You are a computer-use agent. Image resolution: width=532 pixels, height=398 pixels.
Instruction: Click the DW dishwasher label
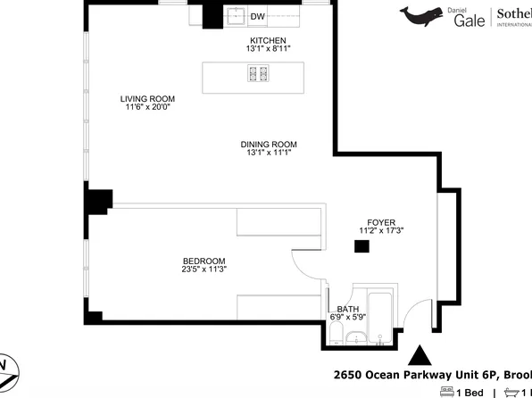(257, 17)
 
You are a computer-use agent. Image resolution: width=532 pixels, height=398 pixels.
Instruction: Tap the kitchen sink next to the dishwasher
(235, 15)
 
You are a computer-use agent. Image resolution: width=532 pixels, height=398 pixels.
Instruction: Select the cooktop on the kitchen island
(259, 73)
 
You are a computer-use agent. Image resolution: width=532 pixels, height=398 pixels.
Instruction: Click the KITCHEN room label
(267, 41)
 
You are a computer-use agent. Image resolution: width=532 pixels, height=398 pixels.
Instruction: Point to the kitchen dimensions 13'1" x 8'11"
(267, 50)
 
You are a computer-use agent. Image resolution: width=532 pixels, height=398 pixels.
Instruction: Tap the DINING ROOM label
(268, 144)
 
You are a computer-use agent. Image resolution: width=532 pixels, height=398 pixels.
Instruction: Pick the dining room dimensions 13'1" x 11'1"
(268, 153)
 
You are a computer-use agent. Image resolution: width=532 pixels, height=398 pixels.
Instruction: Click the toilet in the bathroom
(335, 335)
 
